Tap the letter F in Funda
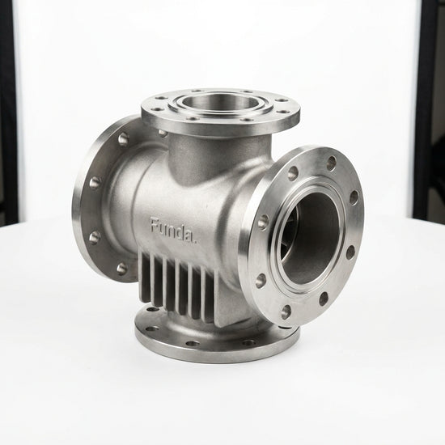click(x=155, y=225)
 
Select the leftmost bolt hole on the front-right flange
click(x=263, y=221)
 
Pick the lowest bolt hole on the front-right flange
click(x=286, y=311)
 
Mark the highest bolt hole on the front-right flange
click(x=331, y=163)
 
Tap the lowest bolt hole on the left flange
click(x=122, y=269)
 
